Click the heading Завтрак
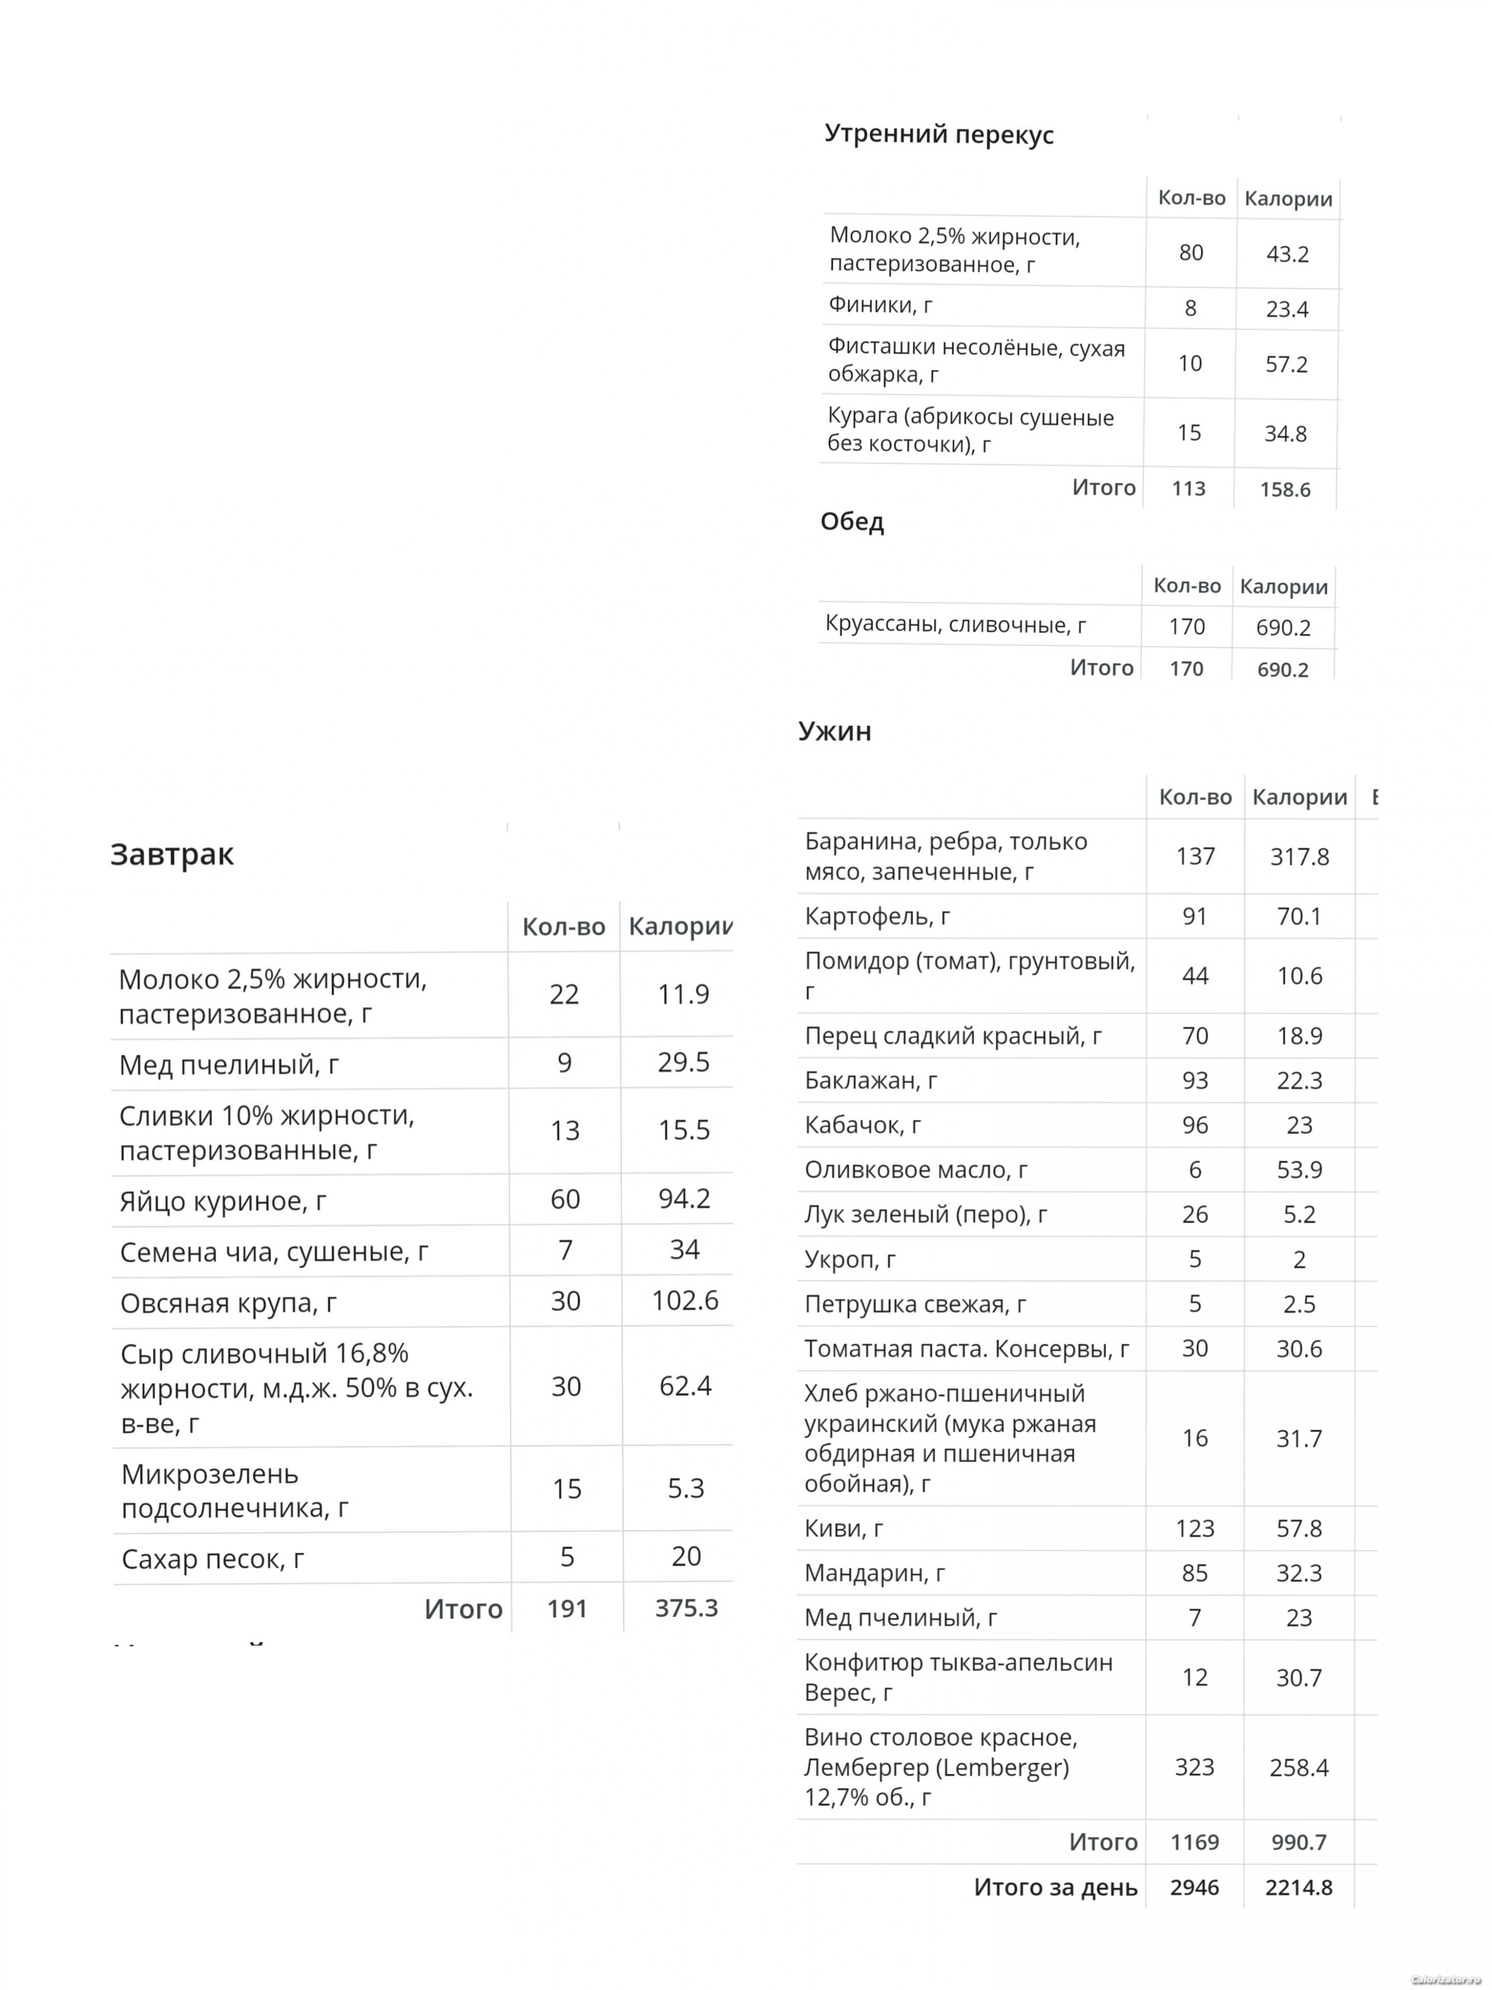(172, 854)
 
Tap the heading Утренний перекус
(939, 135)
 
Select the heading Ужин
(835, 730)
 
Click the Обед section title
(851, 522)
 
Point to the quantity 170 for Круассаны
(1186, 627)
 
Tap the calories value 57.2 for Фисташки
(1286, 364)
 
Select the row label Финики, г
(880, 306)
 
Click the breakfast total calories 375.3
(686, 1607)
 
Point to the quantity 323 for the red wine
(1194, 1767)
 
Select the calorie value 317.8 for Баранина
(1299, 857)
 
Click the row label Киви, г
(843, 1528)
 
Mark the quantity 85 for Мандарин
(1194, 1574)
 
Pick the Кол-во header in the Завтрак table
(564, 927)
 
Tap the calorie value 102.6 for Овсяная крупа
(684, 1301)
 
